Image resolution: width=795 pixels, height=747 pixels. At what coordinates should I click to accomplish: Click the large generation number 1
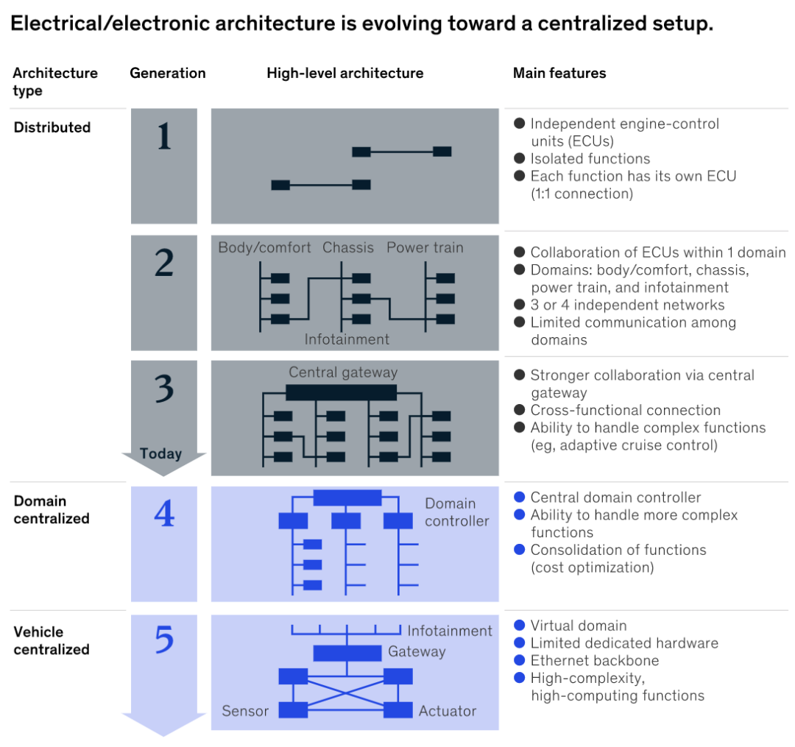pyautogui.click(x=163, y=135)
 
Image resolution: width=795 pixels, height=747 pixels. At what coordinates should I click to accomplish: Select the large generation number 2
pyautogui.click(x=163, y=263)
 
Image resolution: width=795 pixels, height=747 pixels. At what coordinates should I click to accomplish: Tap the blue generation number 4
pyautogui.click(x=163, y=514)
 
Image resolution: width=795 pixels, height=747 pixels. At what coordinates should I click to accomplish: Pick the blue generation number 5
pyautogui.click(x=163, y=640)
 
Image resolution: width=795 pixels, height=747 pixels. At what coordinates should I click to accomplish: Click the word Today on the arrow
pyautogui.click(x=160, y=453)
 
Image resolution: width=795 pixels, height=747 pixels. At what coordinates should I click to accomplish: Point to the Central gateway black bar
pyautogui.click(x=341, y=392)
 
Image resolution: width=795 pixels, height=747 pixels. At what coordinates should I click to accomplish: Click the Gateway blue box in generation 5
pyautogui.click(x=347, y=653)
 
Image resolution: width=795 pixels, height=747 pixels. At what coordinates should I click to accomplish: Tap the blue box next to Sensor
pyautogui.click(x=293, y=710)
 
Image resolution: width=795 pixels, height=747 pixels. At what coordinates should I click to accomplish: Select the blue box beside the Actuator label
pyautogui.click(x=398, y=710)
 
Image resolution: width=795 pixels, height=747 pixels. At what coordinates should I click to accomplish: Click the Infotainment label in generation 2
pyautogui.click(x=347, y=339)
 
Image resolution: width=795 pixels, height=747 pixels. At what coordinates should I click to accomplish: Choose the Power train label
pyautogui.click(x=425, y=247)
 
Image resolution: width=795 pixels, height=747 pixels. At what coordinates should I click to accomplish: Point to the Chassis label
pyautogui.click(x=348, y=247)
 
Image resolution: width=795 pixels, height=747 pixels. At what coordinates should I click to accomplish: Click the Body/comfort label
pyautogui.click(x=264, y=247)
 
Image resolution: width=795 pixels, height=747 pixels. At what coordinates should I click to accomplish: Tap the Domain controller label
pyautogui.click(x=456, y=512)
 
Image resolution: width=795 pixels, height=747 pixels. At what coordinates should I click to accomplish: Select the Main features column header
pyautogui.click(x=559, y=73)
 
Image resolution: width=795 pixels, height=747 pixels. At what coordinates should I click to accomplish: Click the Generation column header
pyautogui.click(x=168, y=73)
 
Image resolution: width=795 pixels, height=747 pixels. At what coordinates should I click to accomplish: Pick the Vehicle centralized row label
pyautogui.click(x=52, y=640)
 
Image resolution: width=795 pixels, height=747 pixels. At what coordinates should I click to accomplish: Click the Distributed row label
pyautogui.click(x=52, y=127)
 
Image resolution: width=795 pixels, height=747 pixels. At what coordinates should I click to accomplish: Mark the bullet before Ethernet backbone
pyautogui.click(x=520, y=660)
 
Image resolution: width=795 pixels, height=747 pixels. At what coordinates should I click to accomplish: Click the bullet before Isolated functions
pyautogui.click(x=520, y=158)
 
